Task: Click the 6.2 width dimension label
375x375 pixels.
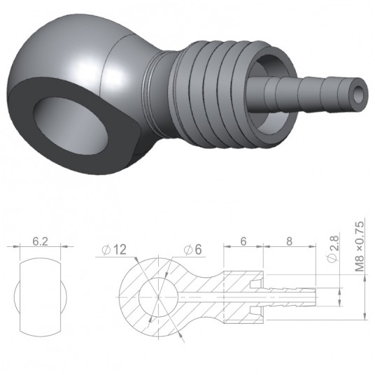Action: [40, 239]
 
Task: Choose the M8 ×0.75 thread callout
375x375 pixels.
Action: [360, 246]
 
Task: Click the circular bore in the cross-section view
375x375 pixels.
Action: [155, 297]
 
